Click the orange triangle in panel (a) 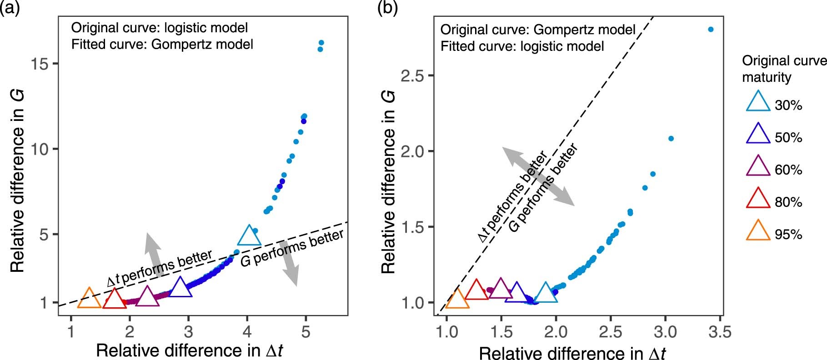point(90,300)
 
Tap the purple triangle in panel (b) point(501,289)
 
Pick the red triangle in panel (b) point(476,291)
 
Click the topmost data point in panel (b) point(711,30)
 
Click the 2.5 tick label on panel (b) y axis point(412,75)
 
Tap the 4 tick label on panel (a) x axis point(247,331)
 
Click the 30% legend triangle point(758,103)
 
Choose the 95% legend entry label point(788,235)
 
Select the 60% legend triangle point(758,168)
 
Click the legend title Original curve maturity point(783,69)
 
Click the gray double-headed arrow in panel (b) point(538,176)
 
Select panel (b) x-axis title point(572,353)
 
